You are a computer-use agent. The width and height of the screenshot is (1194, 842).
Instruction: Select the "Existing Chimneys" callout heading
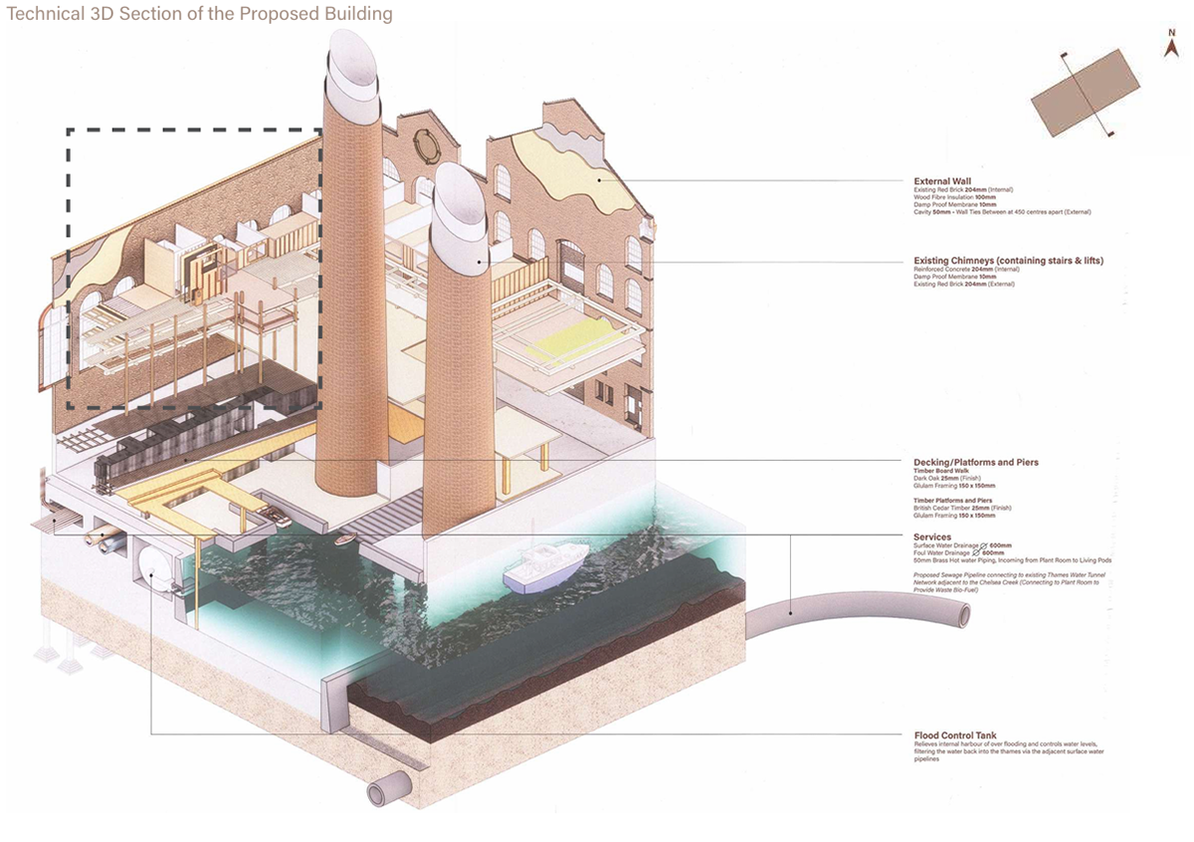1008,261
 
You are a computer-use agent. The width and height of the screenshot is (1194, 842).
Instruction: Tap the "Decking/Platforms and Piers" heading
975,463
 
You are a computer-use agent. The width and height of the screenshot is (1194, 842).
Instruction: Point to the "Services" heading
932,537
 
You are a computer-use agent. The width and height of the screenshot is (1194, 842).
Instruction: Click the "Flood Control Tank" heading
956,736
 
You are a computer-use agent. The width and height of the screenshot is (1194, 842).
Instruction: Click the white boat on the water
537,571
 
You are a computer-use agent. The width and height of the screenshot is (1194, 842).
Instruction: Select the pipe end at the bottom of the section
379,792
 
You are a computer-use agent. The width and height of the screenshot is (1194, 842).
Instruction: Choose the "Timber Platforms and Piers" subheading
952,501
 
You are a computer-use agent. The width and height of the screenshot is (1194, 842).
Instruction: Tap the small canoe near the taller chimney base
344,539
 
